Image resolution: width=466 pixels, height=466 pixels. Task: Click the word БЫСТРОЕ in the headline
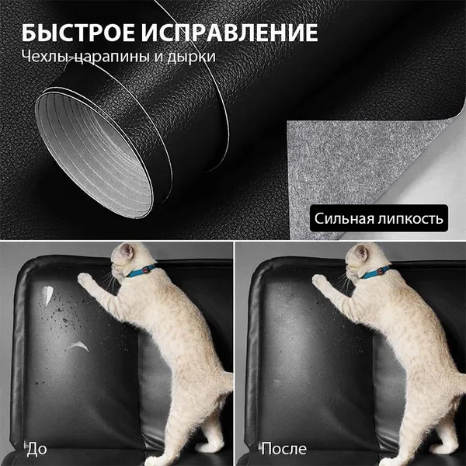pos(78,33)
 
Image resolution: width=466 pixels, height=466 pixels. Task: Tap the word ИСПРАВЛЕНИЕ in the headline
pos(229,33)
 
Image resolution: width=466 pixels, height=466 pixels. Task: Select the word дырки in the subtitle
pos(191,57)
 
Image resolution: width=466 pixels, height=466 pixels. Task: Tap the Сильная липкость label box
pos(379,217)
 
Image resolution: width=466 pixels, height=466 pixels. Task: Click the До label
pos(37,449)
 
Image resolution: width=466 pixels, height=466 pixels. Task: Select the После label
pos(283,448)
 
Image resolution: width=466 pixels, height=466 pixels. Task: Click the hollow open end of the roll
pos(94,154)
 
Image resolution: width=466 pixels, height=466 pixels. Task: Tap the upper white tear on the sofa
pos(47,295)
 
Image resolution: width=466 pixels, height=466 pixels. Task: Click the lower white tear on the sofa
pos(78,346)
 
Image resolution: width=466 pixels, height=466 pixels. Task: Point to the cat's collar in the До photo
pos(141,271)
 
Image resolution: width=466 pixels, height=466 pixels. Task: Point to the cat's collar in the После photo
pos(375,272)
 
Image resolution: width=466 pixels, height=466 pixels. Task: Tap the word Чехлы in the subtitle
pos(45,56)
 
